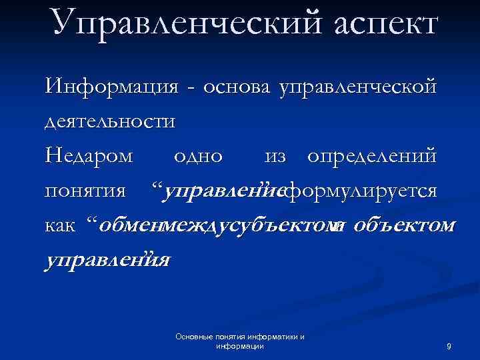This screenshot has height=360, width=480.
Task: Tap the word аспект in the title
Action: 378,23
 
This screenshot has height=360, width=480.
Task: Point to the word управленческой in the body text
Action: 359,87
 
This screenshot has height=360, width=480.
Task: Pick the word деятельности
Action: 111,121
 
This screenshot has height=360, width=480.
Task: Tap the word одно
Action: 197,157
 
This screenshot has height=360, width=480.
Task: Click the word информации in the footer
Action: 241,347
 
